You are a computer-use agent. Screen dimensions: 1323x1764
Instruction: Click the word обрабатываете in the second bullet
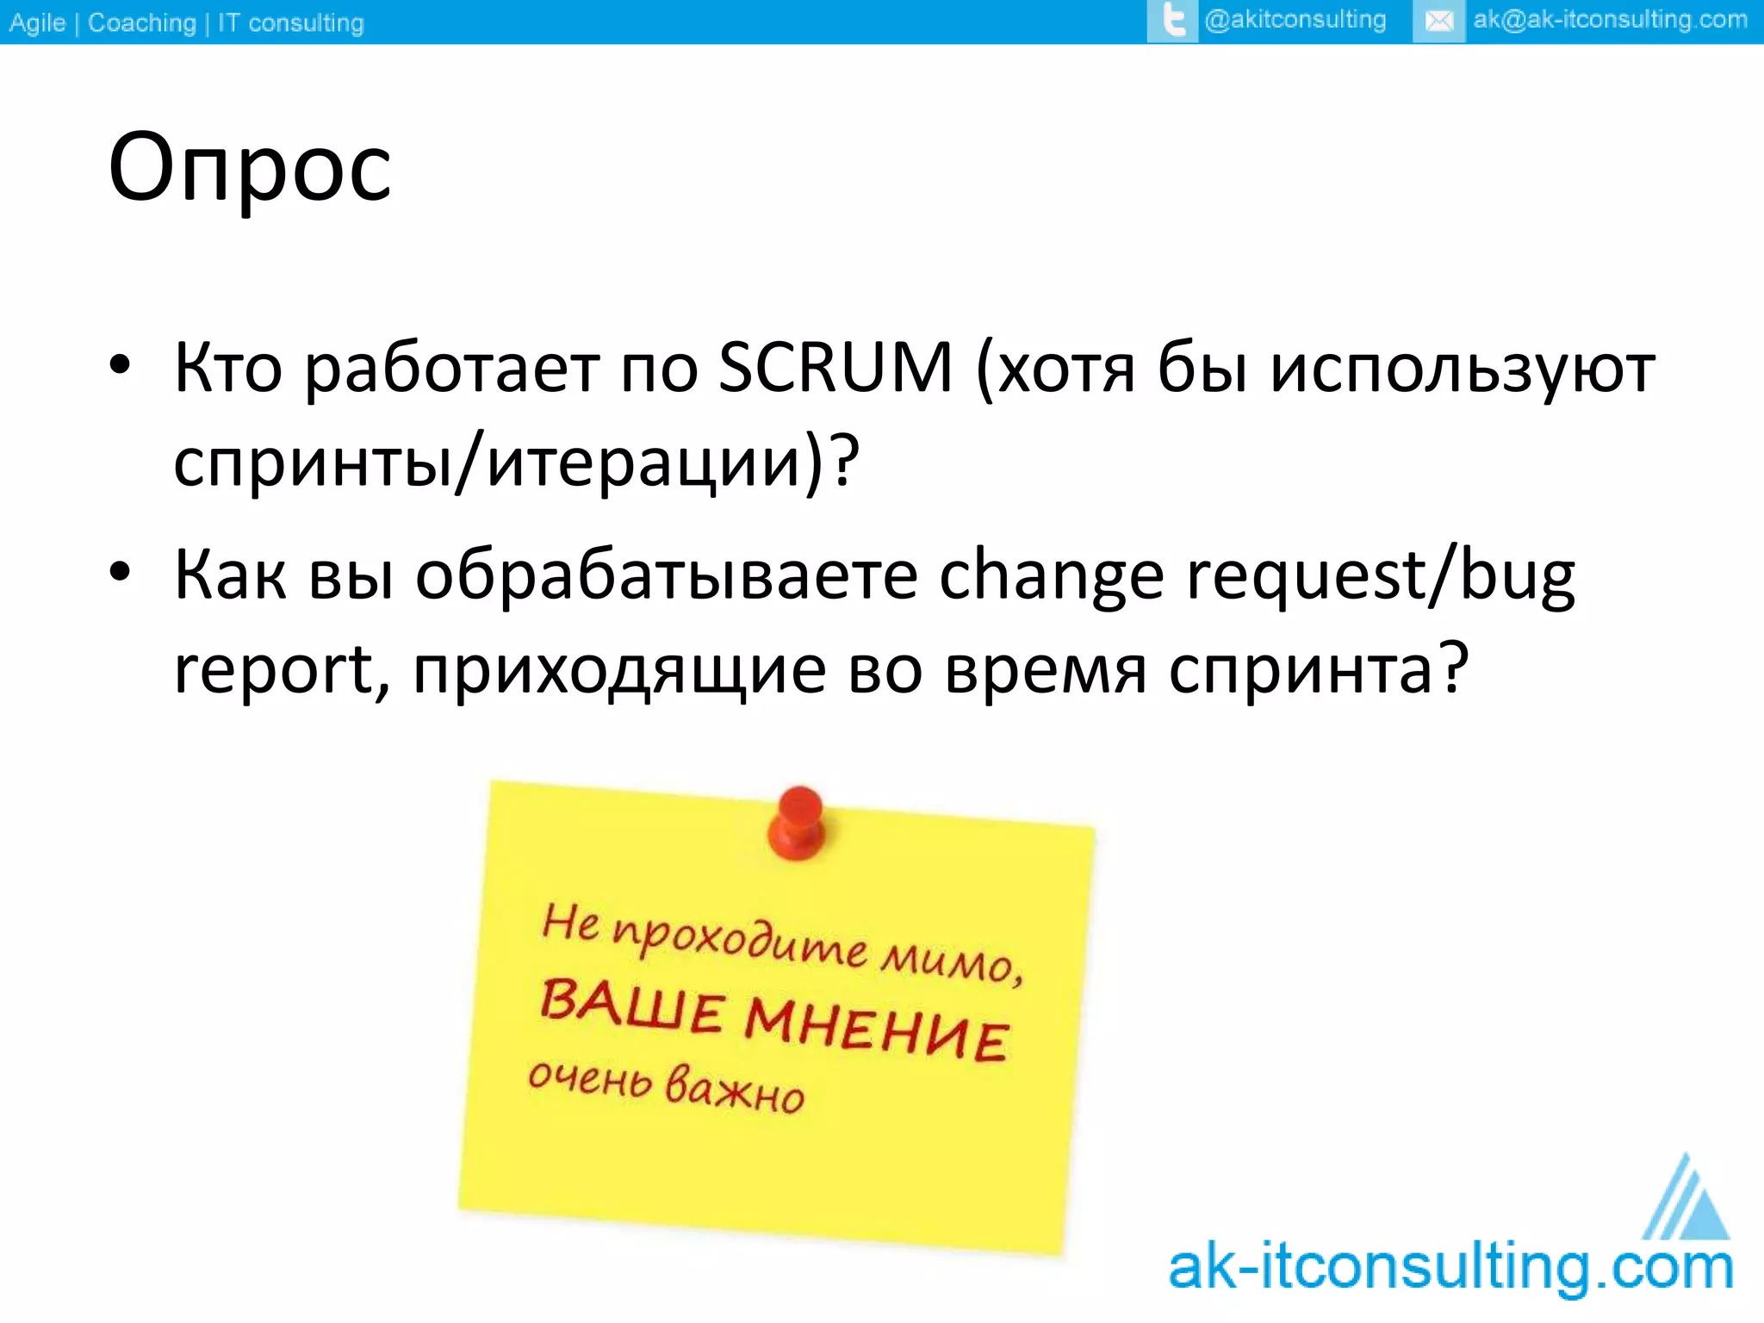[x=667, y=575]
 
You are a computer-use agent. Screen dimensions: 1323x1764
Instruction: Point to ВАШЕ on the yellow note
[x=631, y=1005]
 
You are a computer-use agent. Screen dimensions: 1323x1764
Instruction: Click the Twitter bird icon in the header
[x=1172, y=21]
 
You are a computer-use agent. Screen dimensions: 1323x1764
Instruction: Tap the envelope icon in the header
[x=1438, y=21]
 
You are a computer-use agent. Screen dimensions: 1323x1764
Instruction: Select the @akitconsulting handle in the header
[x=1295, y=20]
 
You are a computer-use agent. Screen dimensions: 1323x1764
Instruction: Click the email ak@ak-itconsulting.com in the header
[x=1610, y=20]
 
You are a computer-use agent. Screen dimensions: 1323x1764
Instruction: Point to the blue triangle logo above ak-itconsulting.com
[x=1686, y=1200]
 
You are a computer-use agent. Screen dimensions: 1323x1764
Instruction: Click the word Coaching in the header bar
[x=142, y=22]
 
